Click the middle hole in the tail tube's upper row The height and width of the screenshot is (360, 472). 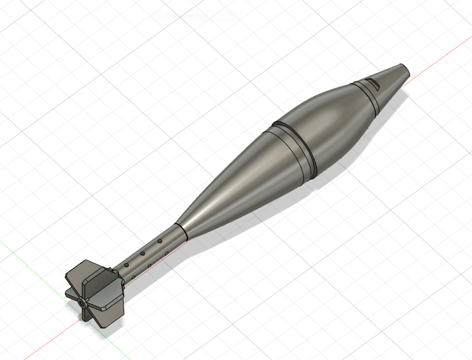[142, 253]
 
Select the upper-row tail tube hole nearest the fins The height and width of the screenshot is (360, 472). [126, 265]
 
